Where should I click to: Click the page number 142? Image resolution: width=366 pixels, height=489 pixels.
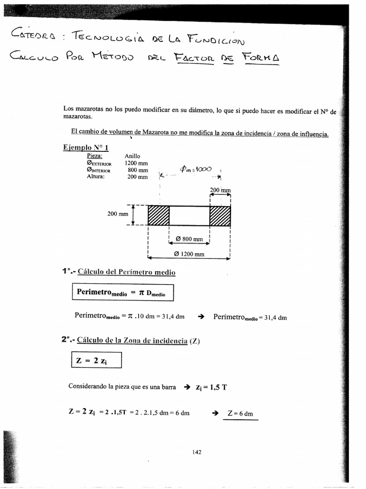pos(197,452)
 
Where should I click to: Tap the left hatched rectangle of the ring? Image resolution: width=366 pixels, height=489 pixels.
pos(159,215)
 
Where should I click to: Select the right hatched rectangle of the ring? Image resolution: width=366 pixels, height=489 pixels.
pos(220,215)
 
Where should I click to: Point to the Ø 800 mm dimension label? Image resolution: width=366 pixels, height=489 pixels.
pos(189,239)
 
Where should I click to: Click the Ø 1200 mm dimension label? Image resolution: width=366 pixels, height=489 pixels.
pos(189,254)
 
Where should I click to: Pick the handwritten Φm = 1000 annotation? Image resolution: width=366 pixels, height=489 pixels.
pos(199,169)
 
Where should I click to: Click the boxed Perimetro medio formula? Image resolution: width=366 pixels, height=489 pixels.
pos(123,293)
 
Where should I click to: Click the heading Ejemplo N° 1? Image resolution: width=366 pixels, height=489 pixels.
pos(85,148)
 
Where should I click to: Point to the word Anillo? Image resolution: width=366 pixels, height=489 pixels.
pos(132,156)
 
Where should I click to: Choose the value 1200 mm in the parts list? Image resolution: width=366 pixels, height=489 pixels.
pos(136,163)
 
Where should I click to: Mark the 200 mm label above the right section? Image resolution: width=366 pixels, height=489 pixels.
pos(220,190)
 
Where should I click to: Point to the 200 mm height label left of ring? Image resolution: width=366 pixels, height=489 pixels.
pos(118,214)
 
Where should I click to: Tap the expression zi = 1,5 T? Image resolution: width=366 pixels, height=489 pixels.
pos(211,387)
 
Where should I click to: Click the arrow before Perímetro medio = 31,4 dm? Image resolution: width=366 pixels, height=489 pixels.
pos(201,317)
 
